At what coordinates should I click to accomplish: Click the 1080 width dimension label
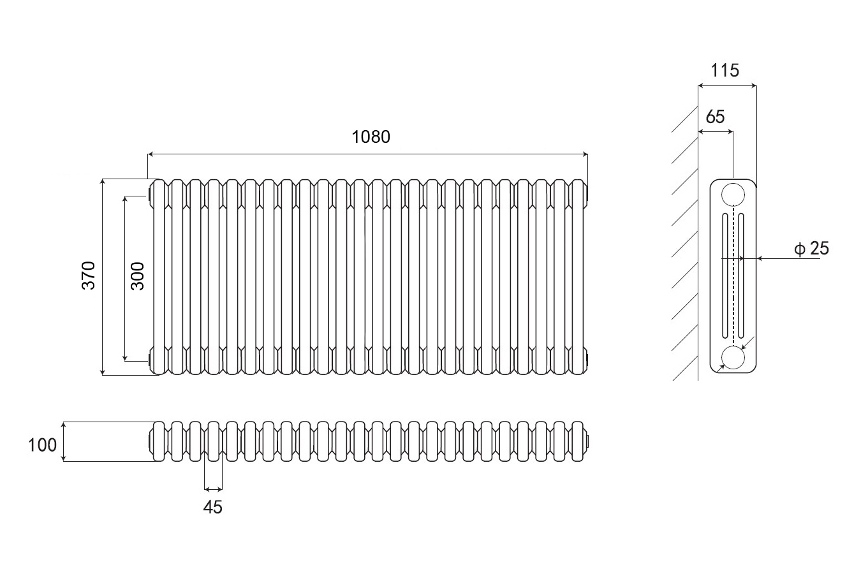click(371, 136)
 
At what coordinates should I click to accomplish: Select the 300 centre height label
click(138, 276)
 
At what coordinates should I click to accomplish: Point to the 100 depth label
click(43, 445)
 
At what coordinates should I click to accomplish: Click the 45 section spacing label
click(213, 508)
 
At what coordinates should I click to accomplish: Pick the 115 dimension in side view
click(725, 70)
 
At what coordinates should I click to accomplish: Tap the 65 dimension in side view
click(716, 117)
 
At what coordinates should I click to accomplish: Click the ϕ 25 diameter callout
click(812, 249)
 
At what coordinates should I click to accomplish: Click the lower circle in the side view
click(733, 358)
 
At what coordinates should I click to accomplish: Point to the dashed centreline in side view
click(733, 274)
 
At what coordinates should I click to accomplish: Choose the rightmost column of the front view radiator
click(578, 276)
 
